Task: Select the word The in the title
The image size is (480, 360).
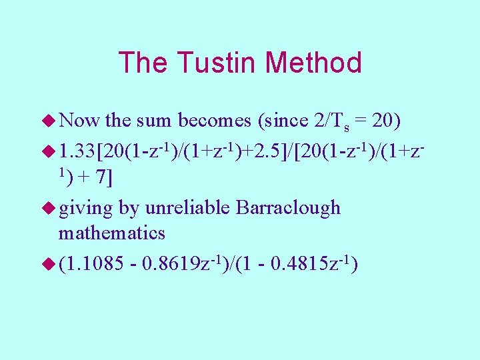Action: coord(142,63)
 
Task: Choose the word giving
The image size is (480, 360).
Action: coord(86,207)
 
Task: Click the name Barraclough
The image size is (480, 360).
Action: coord(287,207)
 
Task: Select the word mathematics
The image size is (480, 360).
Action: coord(111,233)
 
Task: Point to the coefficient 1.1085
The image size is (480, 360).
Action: coord(96,264)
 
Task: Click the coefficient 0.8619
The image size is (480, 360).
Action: coord(174,264)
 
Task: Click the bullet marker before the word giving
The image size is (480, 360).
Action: coord(49,208)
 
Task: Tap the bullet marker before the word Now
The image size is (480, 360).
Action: coord(49,121)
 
